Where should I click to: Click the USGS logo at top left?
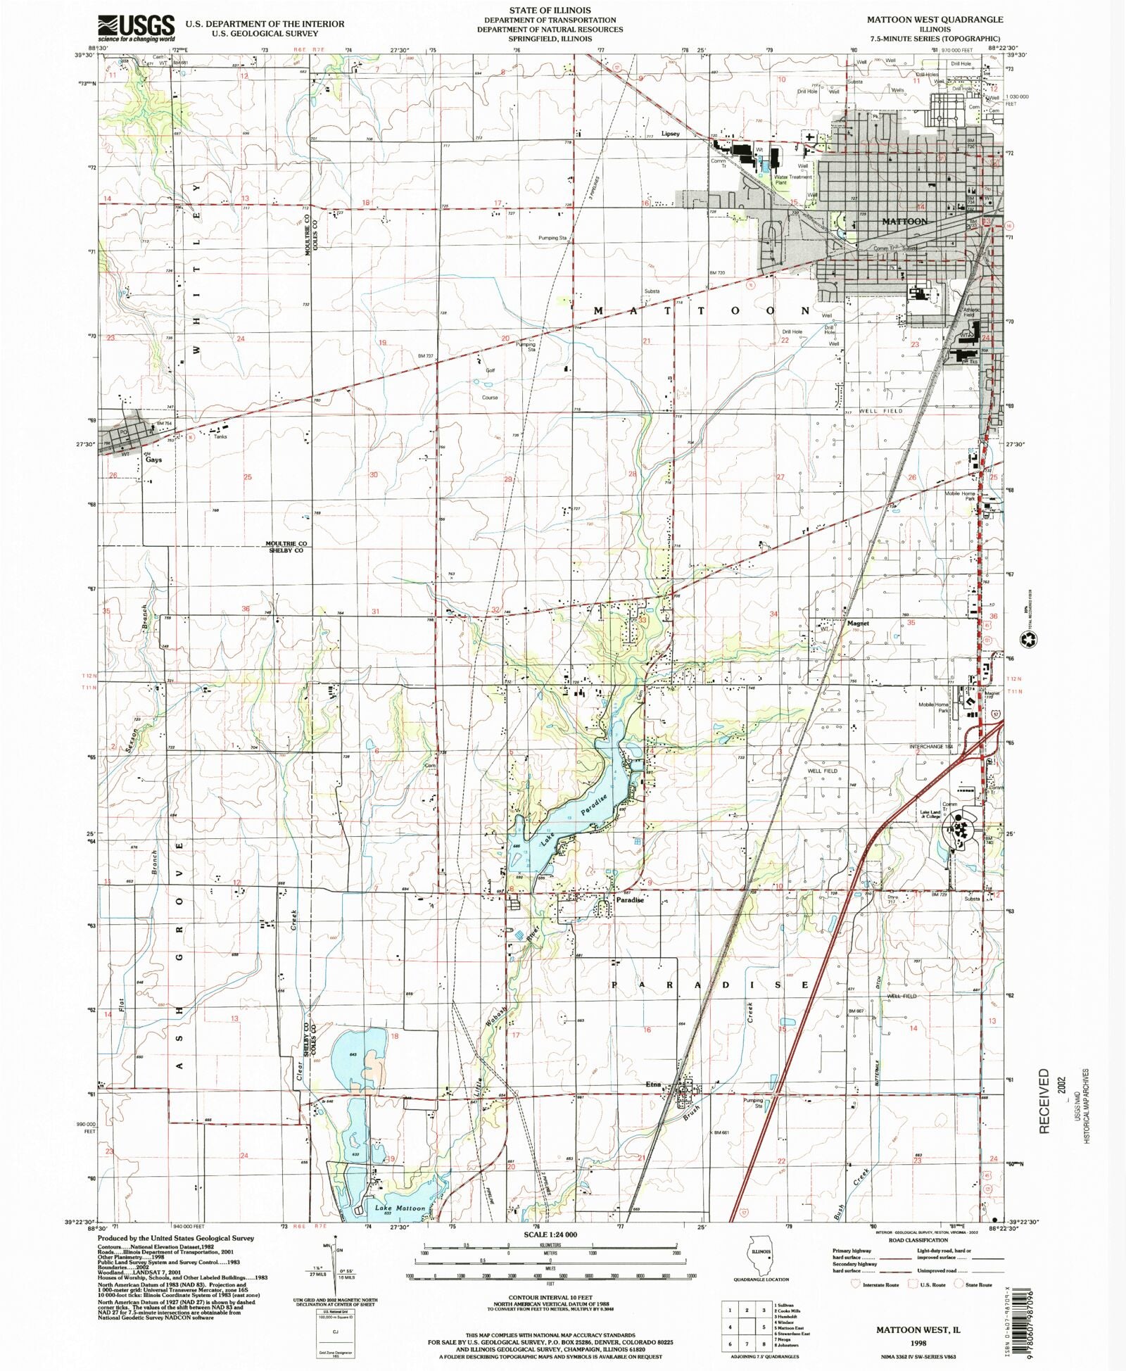click(x=136, y=28)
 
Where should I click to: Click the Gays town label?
click(x=153, y=460)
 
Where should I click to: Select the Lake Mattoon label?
click(x=400, y=1208)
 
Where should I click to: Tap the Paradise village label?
click(x=630, y=899)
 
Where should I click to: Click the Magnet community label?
click(x=858, y=624)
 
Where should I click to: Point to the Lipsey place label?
click(x=670, y=134)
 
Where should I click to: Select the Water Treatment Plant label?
click(x=792, y=179)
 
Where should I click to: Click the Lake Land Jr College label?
click(x=930, y=814)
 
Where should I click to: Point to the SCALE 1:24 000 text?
click(x=550, y=1234)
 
